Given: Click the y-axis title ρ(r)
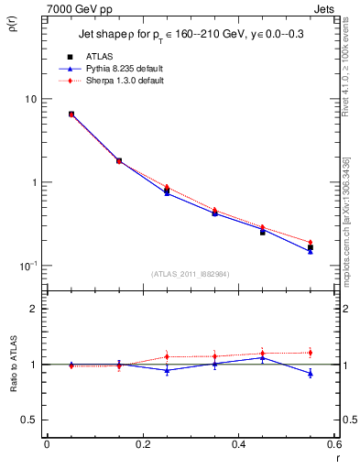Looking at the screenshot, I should tap(16, 24).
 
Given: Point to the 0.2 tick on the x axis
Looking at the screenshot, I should tap(142, 446).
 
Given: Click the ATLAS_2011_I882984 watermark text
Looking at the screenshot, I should tap(190, 273).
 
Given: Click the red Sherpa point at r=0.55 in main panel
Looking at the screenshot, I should tap(310, 242).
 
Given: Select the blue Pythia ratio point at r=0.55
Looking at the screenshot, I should tap(310, 373).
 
